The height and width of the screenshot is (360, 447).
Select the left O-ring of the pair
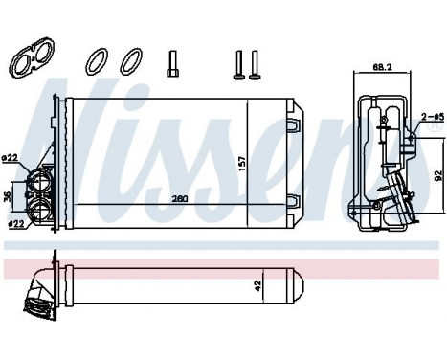95,63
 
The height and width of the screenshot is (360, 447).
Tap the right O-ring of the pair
127,63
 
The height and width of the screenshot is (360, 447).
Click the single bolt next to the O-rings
170,64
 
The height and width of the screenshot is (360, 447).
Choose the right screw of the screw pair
256,63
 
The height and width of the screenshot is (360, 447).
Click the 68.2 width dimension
382,68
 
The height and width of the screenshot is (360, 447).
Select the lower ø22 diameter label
12,224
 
